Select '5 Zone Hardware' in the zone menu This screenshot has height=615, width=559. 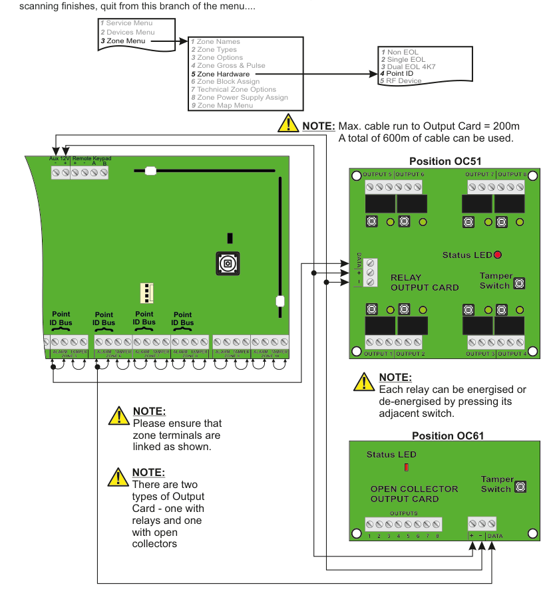point(223,74)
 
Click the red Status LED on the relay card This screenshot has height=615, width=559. point(497,255)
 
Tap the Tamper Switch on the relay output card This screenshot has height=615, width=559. point(519,283)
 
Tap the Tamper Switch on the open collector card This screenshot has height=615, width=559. point(520,487)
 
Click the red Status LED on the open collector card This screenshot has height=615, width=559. point(406,468)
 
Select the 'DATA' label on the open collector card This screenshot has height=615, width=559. point(494,536)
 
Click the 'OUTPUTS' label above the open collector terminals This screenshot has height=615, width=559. point(403,513)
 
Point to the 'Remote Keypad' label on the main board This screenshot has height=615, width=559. point(91,159)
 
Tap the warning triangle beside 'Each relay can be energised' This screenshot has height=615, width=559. point(364,382)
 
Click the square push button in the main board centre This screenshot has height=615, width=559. point(228,263)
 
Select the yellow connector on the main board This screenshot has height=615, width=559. point(146,293)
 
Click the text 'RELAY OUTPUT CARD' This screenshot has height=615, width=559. point(425,283)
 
